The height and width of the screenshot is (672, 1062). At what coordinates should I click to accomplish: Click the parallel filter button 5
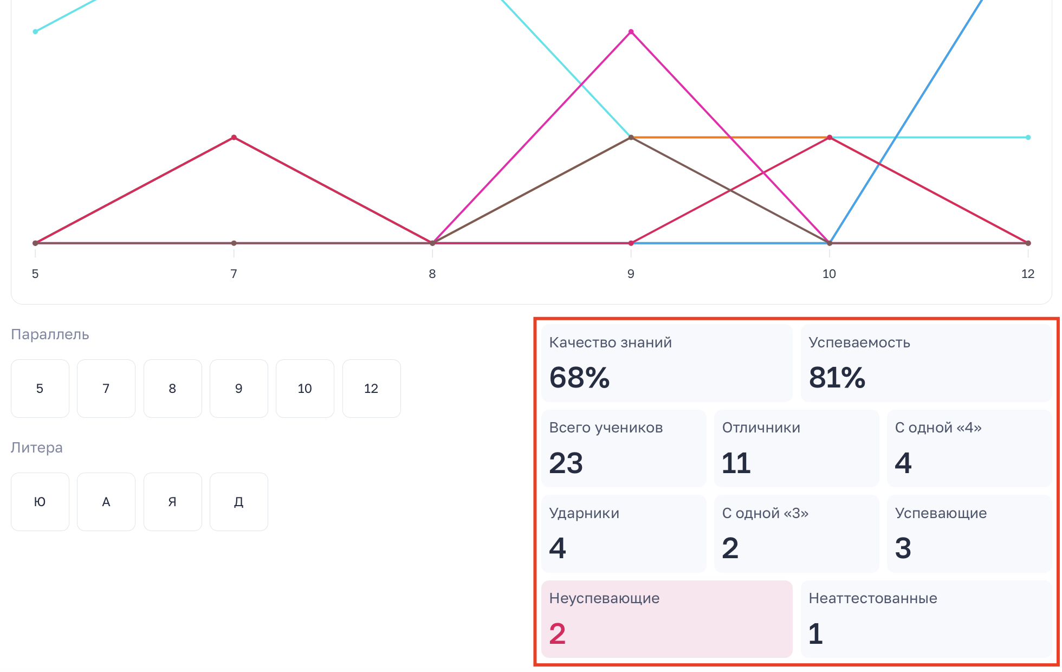click(x=40, y=389)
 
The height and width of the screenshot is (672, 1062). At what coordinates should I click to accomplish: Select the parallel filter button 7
click(x=106, y=389)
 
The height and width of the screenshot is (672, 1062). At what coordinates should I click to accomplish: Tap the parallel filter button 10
click(x=305, y=389)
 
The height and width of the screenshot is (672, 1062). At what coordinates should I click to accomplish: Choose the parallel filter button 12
click(x=372, y=389)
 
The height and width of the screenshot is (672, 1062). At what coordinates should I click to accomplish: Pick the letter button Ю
click(x=40, y=502)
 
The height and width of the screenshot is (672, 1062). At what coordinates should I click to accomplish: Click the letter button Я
click(x=173, y=502)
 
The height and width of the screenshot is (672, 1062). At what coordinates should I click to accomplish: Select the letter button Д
click(x=239, y=502)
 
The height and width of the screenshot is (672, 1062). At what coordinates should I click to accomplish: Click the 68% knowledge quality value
click(x=579, y=378)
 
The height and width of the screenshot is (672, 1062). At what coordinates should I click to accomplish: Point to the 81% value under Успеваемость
click(x=837, y=378)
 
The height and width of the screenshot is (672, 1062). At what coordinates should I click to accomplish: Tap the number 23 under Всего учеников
click(x=566, y=463)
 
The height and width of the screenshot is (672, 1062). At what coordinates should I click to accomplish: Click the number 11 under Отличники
click(x=736, y=463)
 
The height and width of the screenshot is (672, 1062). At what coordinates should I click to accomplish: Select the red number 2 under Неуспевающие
click(x=558, y=634)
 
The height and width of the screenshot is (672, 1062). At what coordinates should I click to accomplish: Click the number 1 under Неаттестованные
click(x=815, y=634)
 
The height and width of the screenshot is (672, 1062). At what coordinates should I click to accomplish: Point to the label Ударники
click(x=584, y=513)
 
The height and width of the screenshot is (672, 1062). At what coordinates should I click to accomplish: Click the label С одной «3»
click(x=765, y=513)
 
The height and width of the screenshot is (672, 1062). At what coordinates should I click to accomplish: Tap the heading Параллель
click(x=50, y=334)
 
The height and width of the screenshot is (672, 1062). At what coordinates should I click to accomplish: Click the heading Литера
click(x=37, y=448)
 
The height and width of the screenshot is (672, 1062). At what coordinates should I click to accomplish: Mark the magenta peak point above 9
click(x=631, y=32)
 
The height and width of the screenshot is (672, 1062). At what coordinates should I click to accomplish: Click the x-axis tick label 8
click(x=432, y=274)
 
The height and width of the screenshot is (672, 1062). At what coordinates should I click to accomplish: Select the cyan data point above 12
click(x=1028, y=138)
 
